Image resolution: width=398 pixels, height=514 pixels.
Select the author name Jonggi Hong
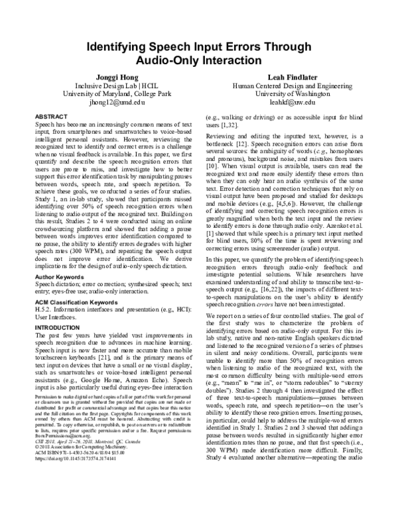109,77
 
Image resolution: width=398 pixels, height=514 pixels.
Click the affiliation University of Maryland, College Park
109,95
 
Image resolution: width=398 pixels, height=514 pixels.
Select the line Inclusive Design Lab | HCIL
109,86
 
